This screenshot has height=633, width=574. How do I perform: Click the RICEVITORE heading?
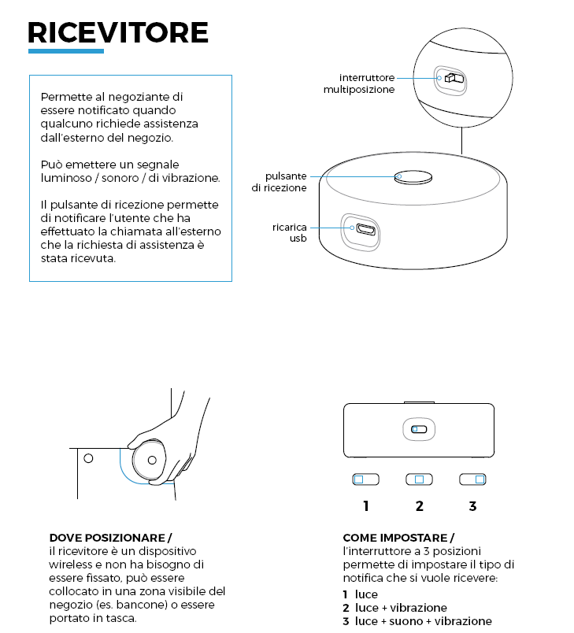(x=118, y=32)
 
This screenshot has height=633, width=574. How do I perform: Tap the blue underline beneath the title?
(x=66, y=51)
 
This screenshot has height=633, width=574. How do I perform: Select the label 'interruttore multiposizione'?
(x=358, y=83)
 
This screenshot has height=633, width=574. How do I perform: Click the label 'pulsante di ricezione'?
(x=280, y=182)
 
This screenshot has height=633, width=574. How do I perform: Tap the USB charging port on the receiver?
(x=365, y=230)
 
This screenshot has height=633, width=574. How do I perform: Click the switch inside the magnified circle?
(x=452, y=78)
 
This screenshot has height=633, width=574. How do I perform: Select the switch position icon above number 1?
(x=365, y=479)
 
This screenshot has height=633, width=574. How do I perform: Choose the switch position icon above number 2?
(x=419, y=479)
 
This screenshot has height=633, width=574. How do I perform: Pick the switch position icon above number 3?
(x=473, y=479)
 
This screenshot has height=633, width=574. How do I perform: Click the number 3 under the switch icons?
(x=472, y=506)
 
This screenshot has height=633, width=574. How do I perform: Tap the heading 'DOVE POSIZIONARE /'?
(x=110, y=538)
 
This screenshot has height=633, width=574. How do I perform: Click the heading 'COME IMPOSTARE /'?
(x=398, y=538)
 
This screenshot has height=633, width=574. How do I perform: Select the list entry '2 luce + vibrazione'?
(x=394, y=608)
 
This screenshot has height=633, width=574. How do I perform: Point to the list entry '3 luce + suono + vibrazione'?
(x=417, y=621)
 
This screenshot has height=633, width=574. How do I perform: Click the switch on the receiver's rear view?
(x=418, y=429)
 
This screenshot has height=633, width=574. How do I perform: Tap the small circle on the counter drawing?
(x=88, y=457)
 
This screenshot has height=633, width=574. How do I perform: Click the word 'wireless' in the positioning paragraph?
(x=70, y=564)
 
